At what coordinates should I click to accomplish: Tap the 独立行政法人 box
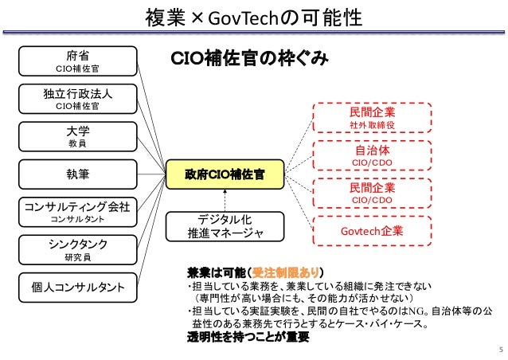click(x=76, y=99)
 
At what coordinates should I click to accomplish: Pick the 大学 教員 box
click(x=76, y=135)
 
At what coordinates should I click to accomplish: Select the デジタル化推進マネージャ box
click(x=225, y=225)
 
